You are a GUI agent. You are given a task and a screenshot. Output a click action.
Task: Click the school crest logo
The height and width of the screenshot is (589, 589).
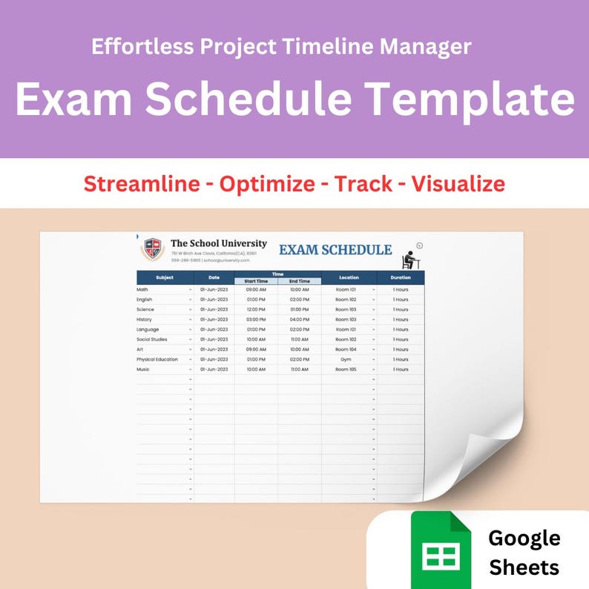(152, 249)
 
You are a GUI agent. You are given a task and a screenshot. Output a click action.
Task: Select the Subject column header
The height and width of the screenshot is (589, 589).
(165, 277)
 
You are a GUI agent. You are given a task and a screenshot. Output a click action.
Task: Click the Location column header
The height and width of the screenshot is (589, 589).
(349, 277)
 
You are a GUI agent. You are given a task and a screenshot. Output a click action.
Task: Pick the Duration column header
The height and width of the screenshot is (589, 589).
(401, 277)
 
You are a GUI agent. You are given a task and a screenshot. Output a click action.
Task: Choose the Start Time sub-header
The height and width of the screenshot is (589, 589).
(256, 281)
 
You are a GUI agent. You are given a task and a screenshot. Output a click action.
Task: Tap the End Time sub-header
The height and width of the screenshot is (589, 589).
(300, 281)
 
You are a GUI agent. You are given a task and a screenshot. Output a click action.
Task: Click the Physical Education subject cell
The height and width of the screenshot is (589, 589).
(157, 359)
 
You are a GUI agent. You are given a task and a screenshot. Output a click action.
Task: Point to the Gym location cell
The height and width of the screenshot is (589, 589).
(346, 359)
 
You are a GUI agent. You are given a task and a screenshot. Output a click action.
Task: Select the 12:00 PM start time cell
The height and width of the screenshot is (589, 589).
(256, 309)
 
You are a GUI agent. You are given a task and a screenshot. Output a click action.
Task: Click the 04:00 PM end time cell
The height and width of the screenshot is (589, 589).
(300, 319)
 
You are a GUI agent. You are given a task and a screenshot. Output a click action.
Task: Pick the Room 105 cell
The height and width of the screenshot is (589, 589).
(346, 369)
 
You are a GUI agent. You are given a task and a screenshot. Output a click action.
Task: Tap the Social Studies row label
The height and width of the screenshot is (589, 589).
(152, 339)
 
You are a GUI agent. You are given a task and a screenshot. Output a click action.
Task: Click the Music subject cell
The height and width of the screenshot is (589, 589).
(143, 369)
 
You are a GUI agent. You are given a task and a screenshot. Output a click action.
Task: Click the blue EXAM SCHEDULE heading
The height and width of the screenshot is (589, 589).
(335, 250)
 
